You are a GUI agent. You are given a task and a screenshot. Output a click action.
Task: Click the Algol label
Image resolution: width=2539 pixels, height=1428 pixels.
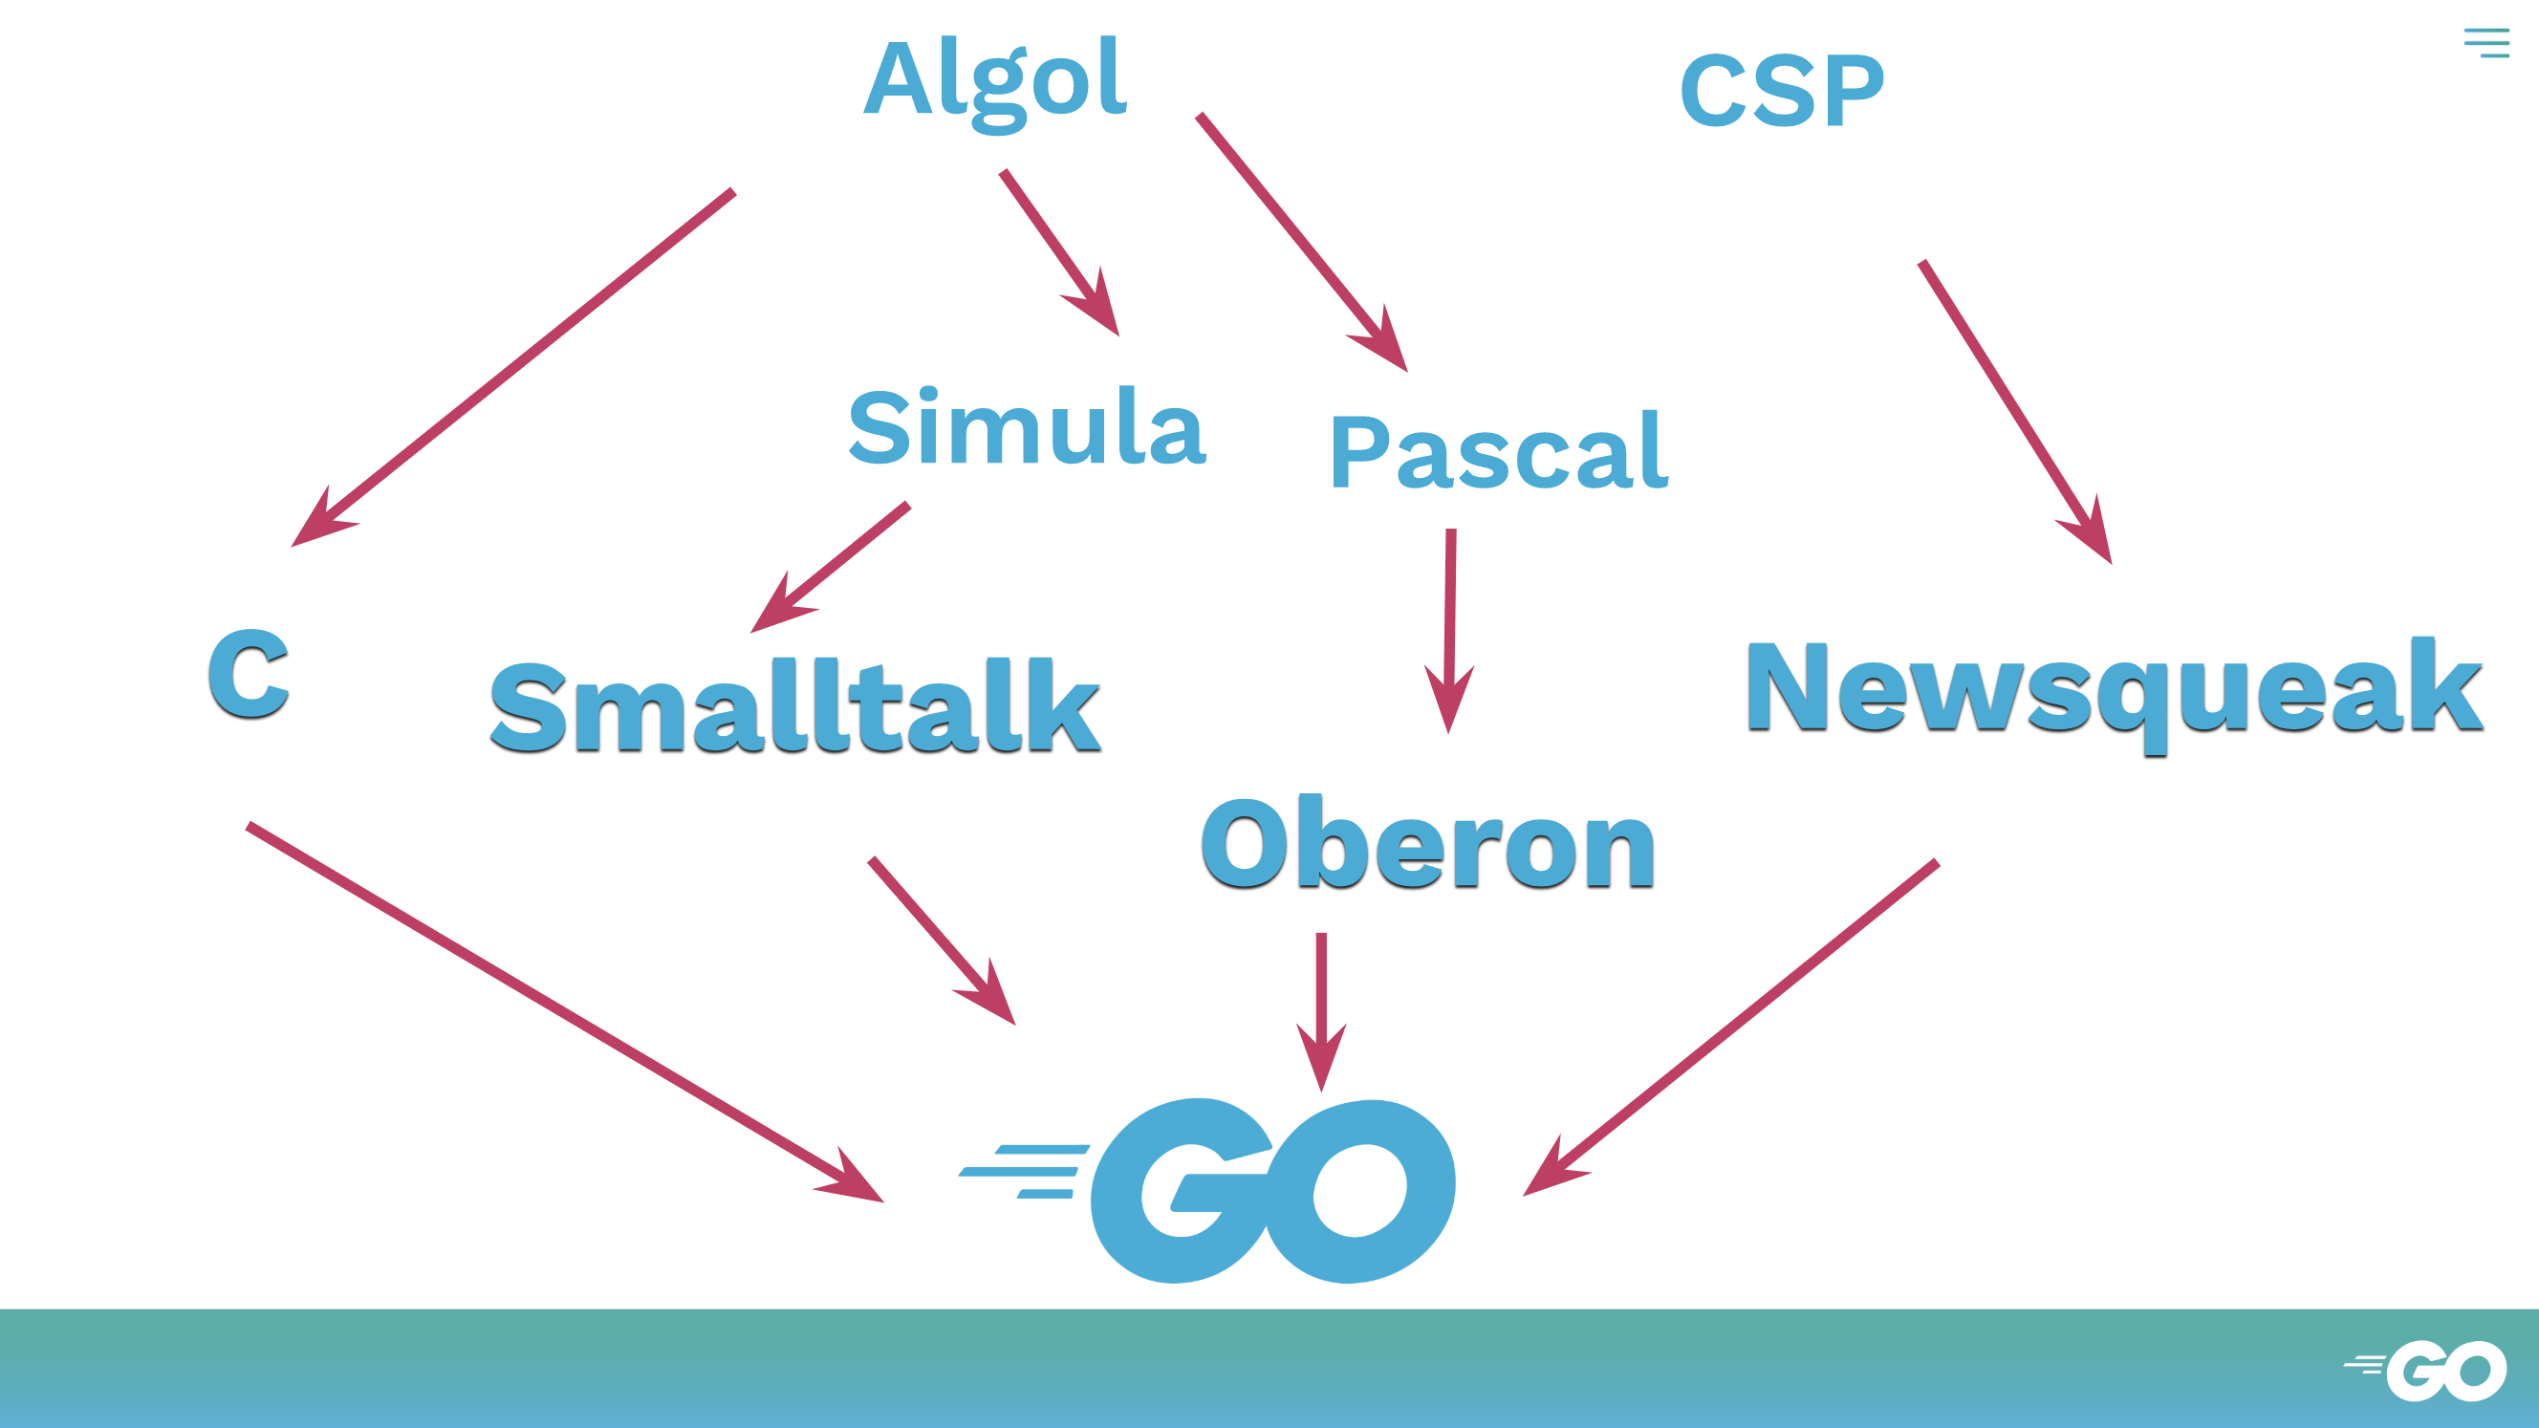[994, 84]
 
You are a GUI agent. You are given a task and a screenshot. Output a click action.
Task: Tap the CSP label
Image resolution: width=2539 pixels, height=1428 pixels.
[1782, 91]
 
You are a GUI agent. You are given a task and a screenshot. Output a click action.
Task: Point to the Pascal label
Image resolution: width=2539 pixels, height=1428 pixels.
[1499, 450]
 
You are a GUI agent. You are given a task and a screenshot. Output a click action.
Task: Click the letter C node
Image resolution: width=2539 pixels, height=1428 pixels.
[249, 674]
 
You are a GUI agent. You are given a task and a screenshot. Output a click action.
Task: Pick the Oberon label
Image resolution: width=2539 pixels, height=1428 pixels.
[1428, 842]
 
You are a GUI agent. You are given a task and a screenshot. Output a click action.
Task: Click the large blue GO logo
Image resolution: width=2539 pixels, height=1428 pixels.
[1207, 1191]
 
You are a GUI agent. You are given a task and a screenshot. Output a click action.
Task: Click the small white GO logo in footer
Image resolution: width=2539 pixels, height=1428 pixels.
[2424, 1370]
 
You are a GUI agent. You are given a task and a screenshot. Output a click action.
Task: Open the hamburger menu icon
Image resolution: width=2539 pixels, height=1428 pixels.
[2486, 42]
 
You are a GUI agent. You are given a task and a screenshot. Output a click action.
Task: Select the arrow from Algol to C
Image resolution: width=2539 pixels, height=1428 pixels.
[512, 368]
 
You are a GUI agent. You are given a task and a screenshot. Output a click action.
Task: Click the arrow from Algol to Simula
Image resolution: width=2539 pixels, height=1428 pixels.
[1059, 253]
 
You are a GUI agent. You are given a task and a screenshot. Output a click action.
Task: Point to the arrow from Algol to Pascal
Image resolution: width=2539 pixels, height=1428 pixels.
[1302, 243]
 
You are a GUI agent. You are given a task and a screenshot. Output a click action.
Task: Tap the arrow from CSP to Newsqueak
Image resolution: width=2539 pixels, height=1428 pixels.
[2016, 412]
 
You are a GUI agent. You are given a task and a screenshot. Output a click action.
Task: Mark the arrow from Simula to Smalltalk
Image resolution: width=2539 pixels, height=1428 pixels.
[830, 568]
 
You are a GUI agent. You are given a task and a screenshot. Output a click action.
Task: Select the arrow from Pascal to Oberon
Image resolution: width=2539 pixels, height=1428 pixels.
[1450, 632]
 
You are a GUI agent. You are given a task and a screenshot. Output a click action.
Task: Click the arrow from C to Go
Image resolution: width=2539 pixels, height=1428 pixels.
[565, 1012]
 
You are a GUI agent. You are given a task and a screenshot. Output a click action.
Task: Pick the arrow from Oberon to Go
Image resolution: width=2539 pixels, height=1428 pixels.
[1322, 1012]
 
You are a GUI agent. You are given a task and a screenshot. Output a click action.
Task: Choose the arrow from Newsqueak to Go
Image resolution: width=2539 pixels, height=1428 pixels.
[1731, 1028]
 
